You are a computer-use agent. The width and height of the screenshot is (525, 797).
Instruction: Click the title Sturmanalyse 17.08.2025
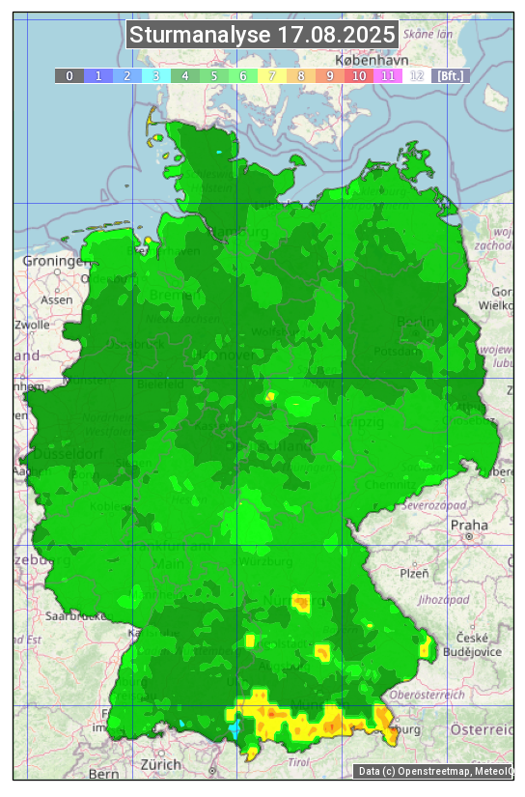[x=262, y=35]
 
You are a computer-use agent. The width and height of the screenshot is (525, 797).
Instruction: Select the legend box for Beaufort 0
[x=69, y=75]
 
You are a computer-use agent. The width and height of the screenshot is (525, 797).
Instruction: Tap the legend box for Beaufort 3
[x=156, y=75]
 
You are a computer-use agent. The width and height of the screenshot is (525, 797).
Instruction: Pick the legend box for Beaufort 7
[x=272, y=75]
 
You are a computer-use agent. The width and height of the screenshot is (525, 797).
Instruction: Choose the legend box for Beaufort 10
[x=359, y=75]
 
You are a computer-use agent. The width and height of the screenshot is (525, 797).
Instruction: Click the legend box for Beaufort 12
[x=417, y=75]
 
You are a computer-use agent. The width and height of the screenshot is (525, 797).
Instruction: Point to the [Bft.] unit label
[x=450, y=75]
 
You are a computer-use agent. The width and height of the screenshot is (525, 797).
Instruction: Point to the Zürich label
[x=160, y=764]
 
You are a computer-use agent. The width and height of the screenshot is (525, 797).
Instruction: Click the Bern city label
[x=103, y=774]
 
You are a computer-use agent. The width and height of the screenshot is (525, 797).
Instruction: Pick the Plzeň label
[x=414, y=573]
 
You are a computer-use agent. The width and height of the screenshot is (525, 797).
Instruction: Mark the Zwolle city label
[x=31, y=325]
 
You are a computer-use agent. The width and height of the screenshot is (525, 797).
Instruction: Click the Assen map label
[x=57, y=299]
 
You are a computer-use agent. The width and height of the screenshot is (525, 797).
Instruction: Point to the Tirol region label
[x=300, y=762]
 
